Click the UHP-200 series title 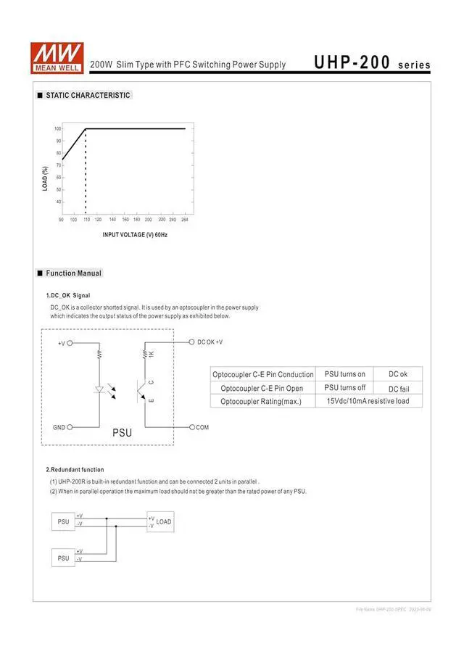(x=372, y=63)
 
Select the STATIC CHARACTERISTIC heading (x=88, y=95)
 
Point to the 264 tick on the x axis (x=184, y=219)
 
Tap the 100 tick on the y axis (x=57, y=128)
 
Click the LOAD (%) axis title (x=46, y=179)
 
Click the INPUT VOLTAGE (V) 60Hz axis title (x=136, y=234)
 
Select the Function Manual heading (x=73, y=273)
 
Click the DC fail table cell (x=398, y=388)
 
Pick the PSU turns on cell (x=344, y=374)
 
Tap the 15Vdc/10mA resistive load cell (x=368, y=401)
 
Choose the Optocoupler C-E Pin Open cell (x=262, y=388)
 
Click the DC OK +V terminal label (x=210, y=342)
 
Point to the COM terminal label (x=202, y=428)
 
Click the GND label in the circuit (x=59, y=428)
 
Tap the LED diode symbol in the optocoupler (x=99, y=389)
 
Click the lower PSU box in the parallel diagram (x=63, y=558)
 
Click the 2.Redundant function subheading (x=75, y=469)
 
